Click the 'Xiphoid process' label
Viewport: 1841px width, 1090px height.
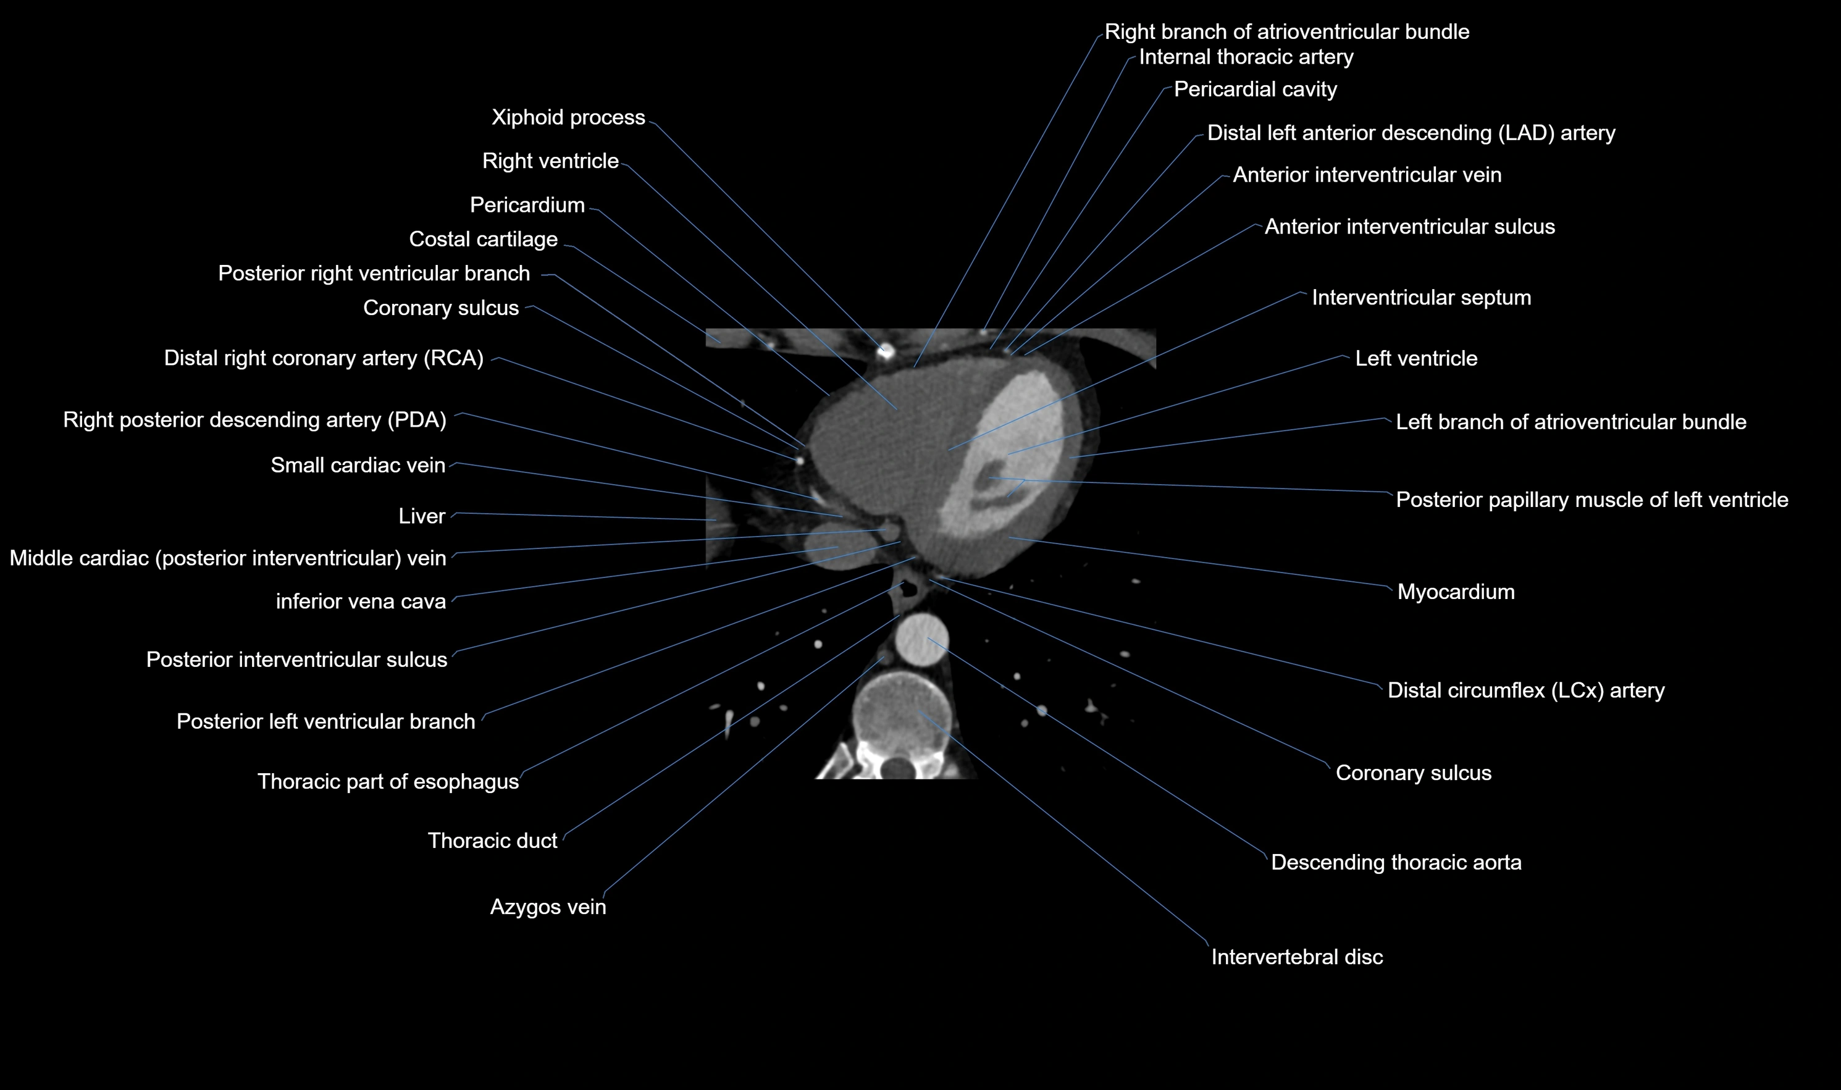pyautogui.click(x=568, y=117)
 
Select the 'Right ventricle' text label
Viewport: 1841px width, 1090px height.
pyautogui.click(x=550, y=162)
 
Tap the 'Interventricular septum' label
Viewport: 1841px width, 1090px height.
pyautogui.click(x=1421, y=298)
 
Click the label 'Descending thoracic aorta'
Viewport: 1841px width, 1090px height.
pyautogui.click(x=1395, y=862)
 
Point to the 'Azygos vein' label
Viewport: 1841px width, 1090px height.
pyautogui.click(x=548, y=907)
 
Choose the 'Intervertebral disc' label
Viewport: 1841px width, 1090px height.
pyautogui.click(x=1296, y=957)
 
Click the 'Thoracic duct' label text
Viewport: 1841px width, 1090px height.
pyautogui.click(x=492, y=841)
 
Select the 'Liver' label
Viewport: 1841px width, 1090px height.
pyautogui.click(x=422, y=516)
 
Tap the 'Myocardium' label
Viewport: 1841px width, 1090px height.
pyautogui.click(x=1456, y=592)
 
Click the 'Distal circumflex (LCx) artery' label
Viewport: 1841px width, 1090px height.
pyautogui.click(x=1525, y=690)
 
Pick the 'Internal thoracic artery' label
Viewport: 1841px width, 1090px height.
pyautogui.click(x=1246, y=57)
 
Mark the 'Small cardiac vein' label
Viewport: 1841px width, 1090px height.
pyautogui.click(x=358, y=466)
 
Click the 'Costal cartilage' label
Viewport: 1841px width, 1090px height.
pyautogui.click(x=483, y=240)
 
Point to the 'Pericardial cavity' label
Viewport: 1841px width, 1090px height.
pyautogui.click(x=1255, y=90)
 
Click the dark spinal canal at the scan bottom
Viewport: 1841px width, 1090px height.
pyautogui.click(x=897, y=768)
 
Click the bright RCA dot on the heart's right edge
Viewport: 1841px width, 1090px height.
pyautogui.click(x=799, y=461)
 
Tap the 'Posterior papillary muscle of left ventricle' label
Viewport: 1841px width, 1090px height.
pyautogui.click(x=1591, y=500)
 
